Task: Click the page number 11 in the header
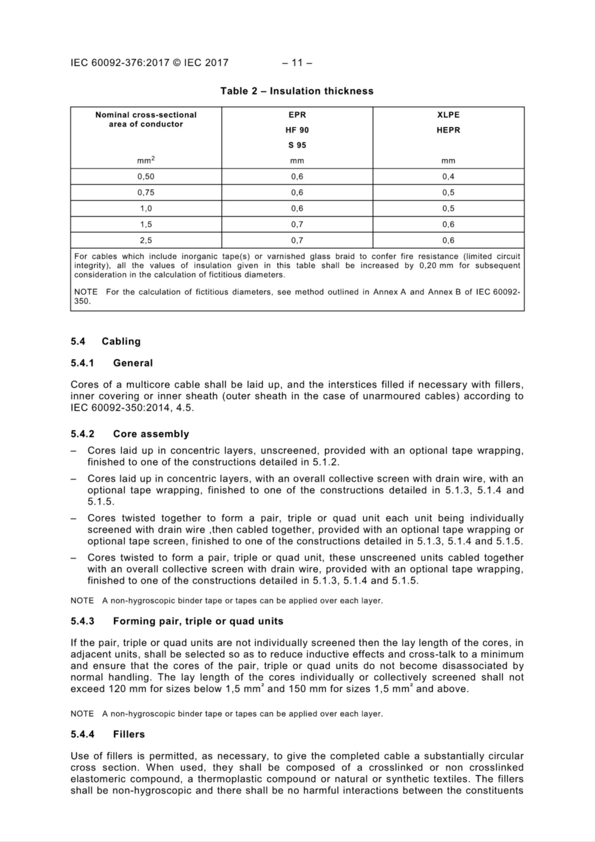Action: tap(297, 63)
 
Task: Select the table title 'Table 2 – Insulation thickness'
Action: tap(297, 91)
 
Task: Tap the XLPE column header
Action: tap(448, 115)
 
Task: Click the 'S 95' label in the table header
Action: tap(297, 145)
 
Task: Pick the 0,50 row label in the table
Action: tap(146, 176)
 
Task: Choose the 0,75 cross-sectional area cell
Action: tap(146, 193)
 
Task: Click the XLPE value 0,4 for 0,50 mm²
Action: tap(448, 176)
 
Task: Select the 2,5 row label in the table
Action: tap(146, 241)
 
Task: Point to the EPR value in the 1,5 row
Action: tap(297, 224)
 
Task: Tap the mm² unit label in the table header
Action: tap(146, 160)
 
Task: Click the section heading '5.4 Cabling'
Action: tap(105, 341)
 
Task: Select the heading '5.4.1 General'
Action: tap(112, 363)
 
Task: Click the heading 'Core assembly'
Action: tap(151, 434)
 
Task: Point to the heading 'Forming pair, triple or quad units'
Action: tap(198, 621)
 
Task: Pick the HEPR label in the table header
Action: tap(448, 130)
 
